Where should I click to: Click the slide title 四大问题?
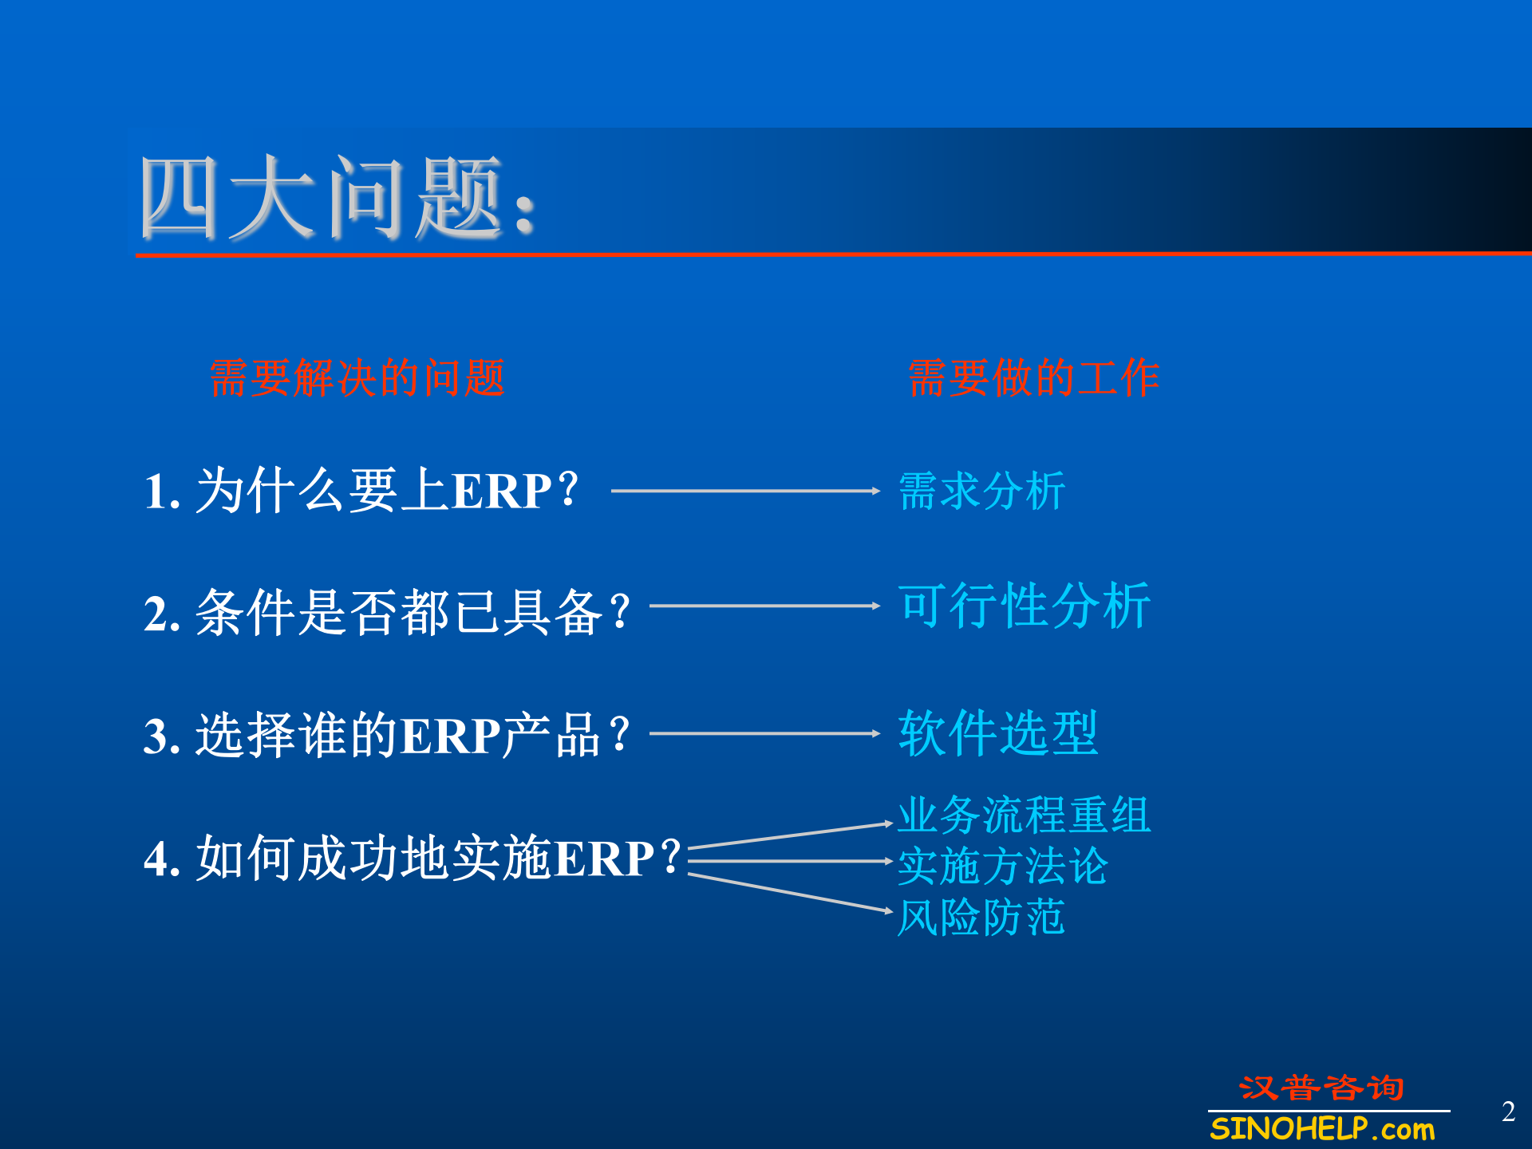pyautogui.click(x=335, y=198)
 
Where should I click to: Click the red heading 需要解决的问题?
pyautogui.click(x=357, y=377)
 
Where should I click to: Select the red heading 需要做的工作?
pyautogui.click(x=1033, y=377)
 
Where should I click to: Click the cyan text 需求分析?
pyautogui.click(x=981, y=491)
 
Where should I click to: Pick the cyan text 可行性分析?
pyautogui.click(x=1024, y=606)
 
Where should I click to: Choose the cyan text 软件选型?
pyautogui.click(x=997, y=733)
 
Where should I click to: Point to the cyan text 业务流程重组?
pyautogui.click(x=1024, y=815)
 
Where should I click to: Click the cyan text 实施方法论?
pyautogui.click(x=1002, y=867)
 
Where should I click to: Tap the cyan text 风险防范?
pyautogui.click(x=981, y=918)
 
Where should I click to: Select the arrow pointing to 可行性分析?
pyautogui.click(x=764, y=606)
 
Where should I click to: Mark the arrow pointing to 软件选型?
pyautogui.click(x=764, y=733)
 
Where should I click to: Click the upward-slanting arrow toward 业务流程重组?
pyautogui.click(x=788, y=835)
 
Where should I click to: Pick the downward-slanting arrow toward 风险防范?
pyautogui.click(x=788, y=892)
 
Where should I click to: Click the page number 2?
pyautogui.click(x=1507, y=1111)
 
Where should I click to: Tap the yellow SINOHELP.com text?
pyautogui.click(x=1322, y=1129)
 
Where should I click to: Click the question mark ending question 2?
pyautogui.click(x=619, y=613)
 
